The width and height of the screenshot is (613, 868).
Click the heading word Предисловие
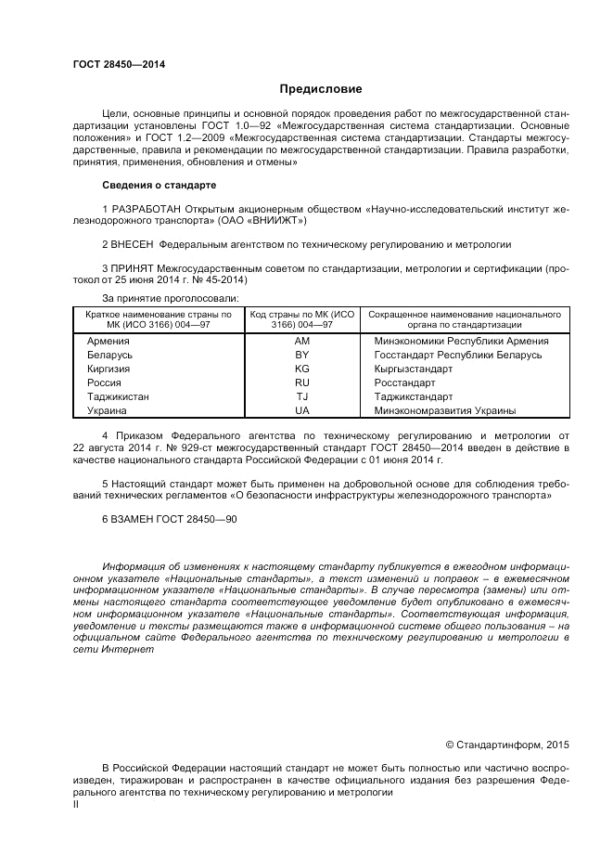[x=320, y=89]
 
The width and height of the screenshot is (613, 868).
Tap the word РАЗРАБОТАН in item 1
[x=146, y=209]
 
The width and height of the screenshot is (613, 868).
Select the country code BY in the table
[x=301, y=355]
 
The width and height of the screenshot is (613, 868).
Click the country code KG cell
[x=301, y=369]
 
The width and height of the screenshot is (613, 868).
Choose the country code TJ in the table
[x=301, y=396]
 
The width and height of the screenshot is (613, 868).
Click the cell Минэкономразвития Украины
[x=445, y=410]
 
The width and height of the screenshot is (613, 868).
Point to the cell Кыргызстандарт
[x=414, y=369]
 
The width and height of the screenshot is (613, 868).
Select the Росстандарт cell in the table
[x=404, y=382]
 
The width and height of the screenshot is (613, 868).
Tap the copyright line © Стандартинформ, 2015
[x=507, y=744]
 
